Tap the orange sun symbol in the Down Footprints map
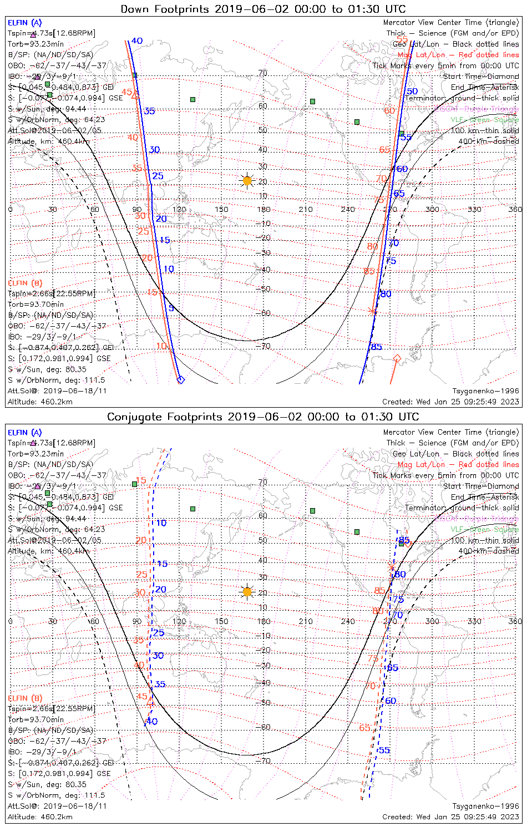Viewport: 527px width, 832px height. point(247,181)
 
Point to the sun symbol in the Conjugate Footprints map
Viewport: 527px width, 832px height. point(247,592)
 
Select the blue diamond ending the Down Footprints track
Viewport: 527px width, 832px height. point(180,379)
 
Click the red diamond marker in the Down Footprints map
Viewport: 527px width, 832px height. point(397,359)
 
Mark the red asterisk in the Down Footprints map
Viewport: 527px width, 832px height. point(372,311)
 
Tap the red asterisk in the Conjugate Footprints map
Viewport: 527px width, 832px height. point(392,567)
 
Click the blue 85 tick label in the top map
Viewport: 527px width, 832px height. point(377,347)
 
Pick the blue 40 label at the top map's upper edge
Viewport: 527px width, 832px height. point(137,40)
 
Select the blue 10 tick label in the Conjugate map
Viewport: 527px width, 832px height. point(161,523)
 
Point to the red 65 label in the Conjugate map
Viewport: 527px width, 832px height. point(364,728)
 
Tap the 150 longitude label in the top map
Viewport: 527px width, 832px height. point(221,209)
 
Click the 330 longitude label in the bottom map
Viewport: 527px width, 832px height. point(474,621)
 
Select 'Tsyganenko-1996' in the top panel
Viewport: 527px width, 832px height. point(485,391)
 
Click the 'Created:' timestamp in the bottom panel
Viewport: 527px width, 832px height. point(450,816)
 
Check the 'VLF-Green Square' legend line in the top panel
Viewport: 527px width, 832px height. point(485,120)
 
